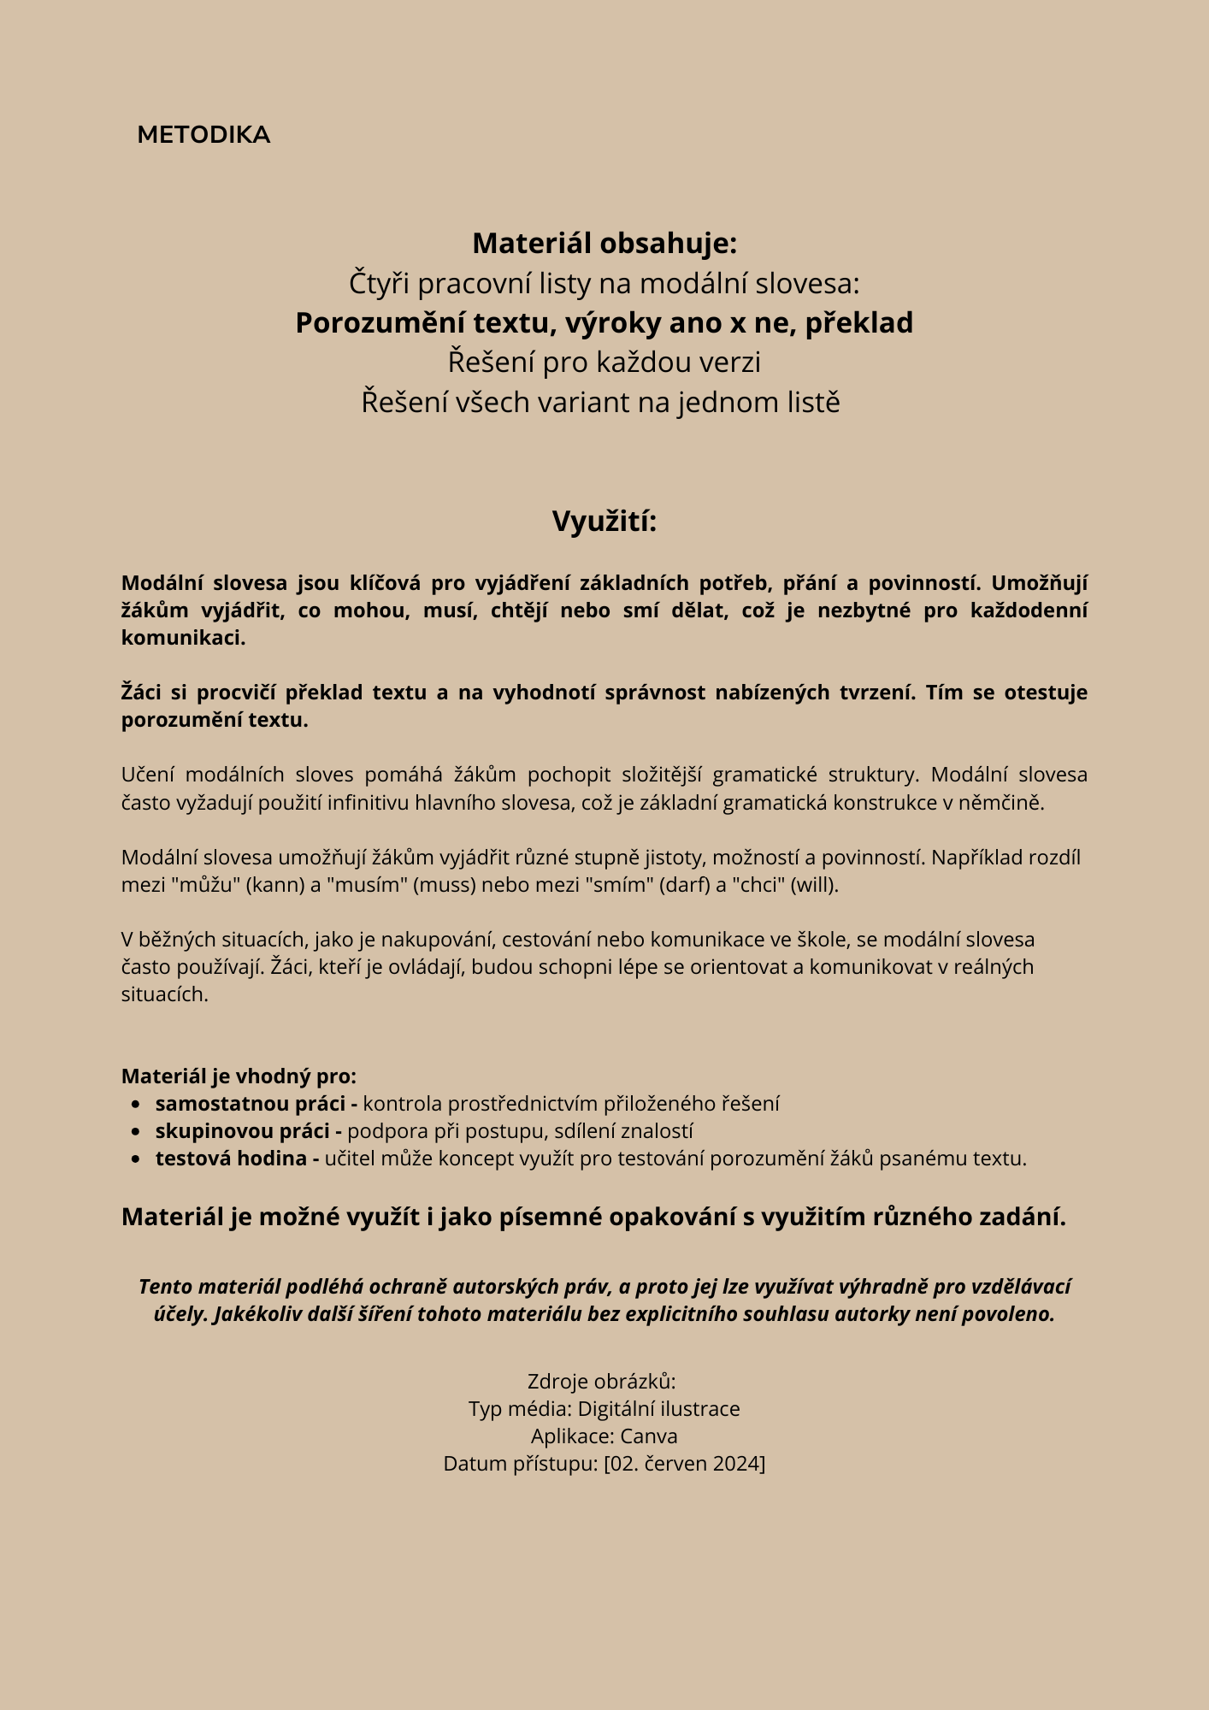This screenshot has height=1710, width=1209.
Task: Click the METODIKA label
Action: (203, 135)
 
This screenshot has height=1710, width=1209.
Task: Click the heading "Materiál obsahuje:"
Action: (604, 244)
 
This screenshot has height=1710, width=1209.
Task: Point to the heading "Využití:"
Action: (604, 521)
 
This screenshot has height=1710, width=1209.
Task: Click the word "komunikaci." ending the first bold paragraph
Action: (183, 638)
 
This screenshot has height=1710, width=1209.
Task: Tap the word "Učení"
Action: (148, 775)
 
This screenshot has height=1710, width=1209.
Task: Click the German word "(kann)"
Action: (275, 884)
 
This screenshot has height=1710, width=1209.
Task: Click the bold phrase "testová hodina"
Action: (231, 1159)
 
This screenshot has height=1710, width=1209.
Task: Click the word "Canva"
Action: (649, 1436)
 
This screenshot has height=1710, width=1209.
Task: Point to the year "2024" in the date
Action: (736, 1463)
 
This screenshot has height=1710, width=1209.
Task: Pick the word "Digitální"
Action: (616, 1408)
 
